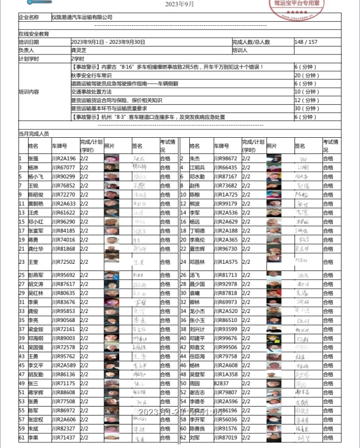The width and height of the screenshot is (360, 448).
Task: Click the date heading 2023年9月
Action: point(180,4)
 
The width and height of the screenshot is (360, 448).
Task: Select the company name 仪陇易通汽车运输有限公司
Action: point(82,17)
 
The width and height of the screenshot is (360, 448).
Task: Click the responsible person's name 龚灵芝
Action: point(78,50)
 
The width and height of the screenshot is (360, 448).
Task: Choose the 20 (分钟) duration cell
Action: point(306,75)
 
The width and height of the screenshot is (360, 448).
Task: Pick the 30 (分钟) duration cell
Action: point(306,109)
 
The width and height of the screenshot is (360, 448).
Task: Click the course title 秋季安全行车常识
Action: point(91,75)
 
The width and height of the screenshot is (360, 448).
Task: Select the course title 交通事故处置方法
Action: point(91,92)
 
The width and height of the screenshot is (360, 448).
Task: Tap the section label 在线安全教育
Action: point(34,34)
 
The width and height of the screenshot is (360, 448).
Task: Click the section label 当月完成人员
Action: point(34,134)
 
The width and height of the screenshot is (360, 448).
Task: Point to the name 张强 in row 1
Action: point(33,158)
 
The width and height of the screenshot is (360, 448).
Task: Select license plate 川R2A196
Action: point(63,158)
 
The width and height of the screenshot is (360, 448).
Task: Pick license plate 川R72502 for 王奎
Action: point(63,262)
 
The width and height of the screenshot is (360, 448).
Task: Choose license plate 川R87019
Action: point(225,437)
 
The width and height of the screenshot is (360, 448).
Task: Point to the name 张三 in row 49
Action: point(33,383)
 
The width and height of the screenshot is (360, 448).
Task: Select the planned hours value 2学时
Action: point(77,58)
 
